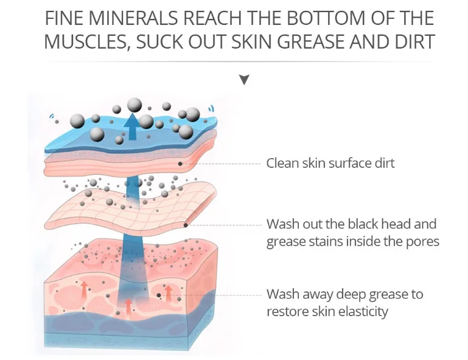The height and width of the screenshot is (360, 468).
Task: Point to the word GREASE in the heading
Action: pos(312,41)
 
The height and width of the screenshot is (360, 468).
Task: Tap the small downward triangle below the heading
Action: pos(244,80)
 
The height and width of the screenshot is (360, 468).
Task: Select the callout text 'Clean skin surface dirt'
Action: pos(330,163)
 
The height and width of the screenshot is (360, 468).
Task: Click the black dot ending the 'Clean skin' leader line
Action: pos(180,164)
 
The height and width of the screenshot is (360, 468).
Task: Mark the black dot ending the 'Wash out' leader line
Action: pos(186,225)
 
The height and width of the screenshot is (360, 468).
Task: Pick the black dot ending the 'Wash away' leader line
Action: pos(159,296)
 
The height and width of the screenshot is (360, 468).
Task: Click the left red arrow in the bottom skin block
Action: pos(84,288)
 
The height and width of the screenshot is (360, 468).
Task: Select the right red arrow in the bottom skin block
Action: pos(169,292)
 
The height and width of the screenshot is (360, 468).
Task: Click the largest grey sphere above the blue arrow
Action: pos(134,105)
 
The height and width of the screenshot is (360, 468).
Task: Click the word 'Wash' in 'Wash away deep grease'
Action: pos(283,294)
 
